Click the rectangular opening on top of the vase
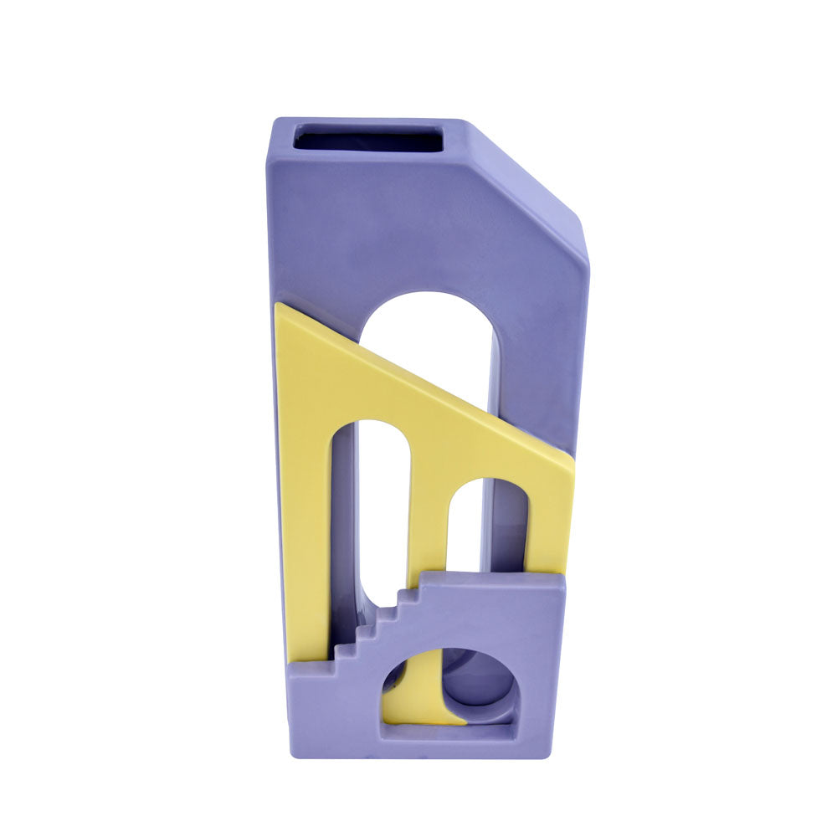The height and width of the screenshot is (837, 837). coord(368,138)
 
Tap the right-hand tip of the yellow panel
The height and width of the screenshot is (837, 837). coord(572,460)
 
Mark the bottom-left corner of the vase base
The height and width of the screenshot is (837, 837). coord(293,753)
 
